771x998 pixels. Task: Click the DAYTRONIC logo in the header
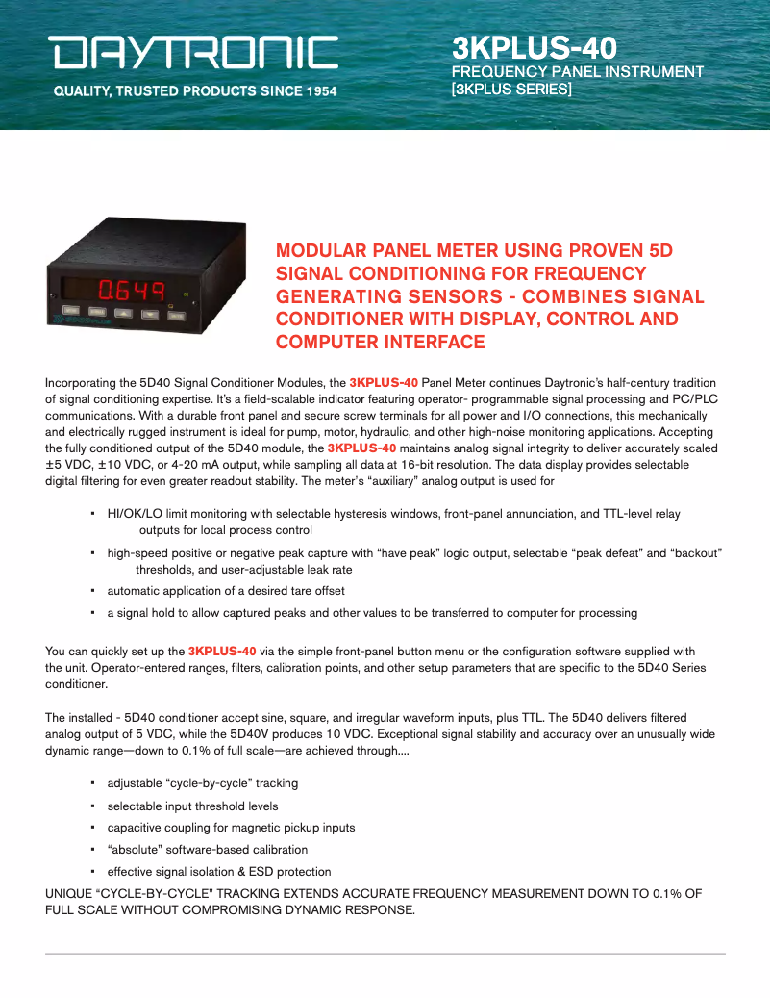click(x=195, y=53)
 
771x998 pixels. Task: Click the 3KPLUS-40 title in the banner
click(x=535, y=48)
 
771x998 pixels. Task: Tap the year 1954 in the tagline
click(x=316, y=92)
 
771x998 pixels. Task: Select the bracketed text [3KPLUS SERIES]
click(x=511, y=90)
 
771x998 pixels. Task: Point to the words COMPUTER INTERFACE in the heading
click(x=381, y=342)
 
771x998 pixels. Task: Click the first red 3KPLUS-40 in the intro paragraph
click(x=383, y=383)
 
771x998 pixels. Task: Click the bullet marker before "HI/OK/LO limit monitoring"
click(x=92, y=514)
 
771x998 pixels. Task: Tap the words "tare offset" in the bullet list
click(x=313, y=591)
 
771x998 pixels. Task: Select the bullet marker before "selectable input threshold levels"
click(x=92, y=806)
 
